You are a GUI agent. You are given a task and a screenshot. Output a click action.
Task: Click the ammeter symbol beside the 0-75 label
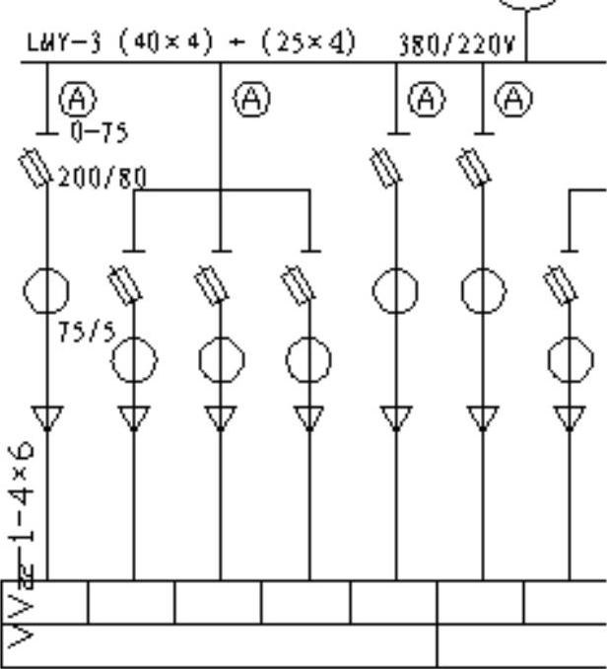76,98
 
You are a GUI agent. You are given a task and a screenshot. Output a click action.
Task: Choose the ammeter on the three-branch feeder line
251,98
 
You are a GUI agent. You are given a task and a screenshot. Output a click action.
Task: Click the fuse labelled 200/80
36,169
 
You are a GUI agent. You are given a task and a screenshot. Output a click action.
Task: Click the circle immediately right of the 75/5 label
134,361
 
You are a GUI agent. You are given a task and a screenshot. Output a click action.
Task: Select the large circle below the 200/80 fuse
46,292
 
